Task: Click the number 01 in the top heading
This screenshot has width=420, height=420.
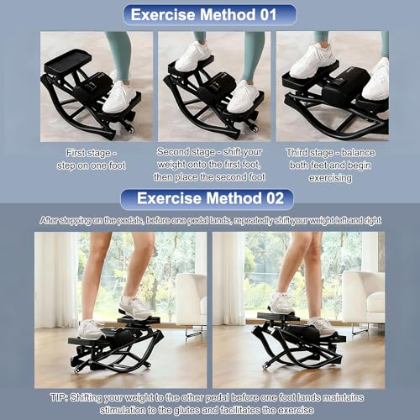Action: (x=268, y=14)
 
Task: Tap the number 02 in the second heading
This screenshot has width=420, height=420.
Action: (x=275, y=198)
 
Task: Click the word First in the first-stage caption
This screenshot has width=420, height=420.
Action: (x=76, y=153)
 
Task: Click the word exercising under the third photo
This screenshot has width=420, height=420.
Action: (x=330, y=178)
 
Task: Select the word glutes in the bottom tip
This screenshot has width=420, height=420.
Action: (x=187, y=410)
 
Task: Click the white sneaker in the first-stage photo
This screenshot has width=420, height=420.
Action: (x=119, y=97)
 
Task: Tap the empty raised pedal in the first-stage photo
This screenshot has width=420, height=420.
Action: (x=68, y=61)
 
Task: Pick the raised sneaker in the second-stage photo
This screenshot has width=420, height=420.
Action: (x=193, y=56)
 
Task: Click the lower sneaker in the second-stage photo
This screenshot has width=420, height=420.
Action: (x=243, y=97)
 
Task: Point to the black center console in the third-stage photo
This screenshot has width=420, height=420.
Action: (x=345, y=84)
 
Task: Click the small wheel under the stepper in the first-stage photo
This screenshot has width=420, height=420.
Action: (x=130, y=129)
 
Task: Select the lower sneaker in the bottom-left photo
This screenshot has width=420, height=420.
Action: (x=91, y=329)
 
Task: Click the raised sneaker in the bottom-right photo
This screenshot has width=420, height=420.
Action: (x=281, y=303)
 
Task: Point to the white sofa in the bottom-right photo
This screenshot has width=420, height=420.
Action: (x=364, y=297)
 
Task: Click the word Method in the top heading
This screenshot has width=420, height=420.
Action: (x=228, y=14)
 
